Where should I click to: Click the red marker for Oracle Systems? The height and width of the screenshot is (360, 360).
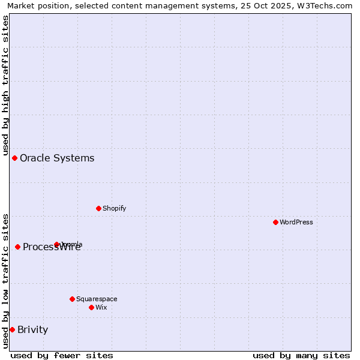[x=15, y=158]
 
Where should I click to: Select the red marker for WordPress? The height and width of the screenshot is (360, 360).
[x=275, y=222]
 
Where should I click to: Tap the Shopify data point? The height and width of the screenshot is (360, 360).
[x=98, y=208]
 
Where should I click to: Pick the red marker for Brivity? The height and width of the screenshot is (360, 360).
[x=12, y=329]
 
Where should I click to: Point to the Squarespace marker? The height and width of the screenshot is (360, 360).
[x=72, y=299]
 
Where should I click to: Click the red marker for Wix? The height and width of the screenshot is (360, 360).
[x=91, y=307]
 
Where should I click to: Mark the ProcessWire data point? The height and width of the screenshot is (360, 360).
[x=18, y=247]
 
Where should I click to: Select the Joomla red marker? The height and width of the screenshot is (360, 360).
[x=57, y=244]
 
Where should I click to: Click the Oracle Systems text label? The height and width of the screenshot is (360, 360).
[x=57, y=158]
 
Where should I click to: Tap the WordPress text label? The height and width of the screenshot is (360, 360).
[x=296, y=223]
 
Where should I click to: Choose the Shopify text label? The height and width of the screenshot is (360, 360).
[x=114, y=209]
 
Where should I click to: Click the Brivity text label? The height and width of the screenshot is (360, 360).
[x=33, y=330]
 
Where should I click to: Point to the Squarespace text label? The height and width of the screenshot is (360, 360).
[x=97, y=299]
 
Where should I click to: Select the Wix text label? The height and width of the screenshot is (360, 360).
[x=101, y=308]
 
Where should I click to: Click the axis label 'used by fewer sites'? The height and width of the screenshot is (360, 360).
[x=62, y=355]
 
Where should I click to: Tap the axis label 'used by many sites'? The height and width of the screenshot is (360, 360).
[x=301, y=355]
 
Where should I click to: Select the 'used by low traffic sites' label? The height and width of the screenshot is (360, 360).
[x=5, y=281]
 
